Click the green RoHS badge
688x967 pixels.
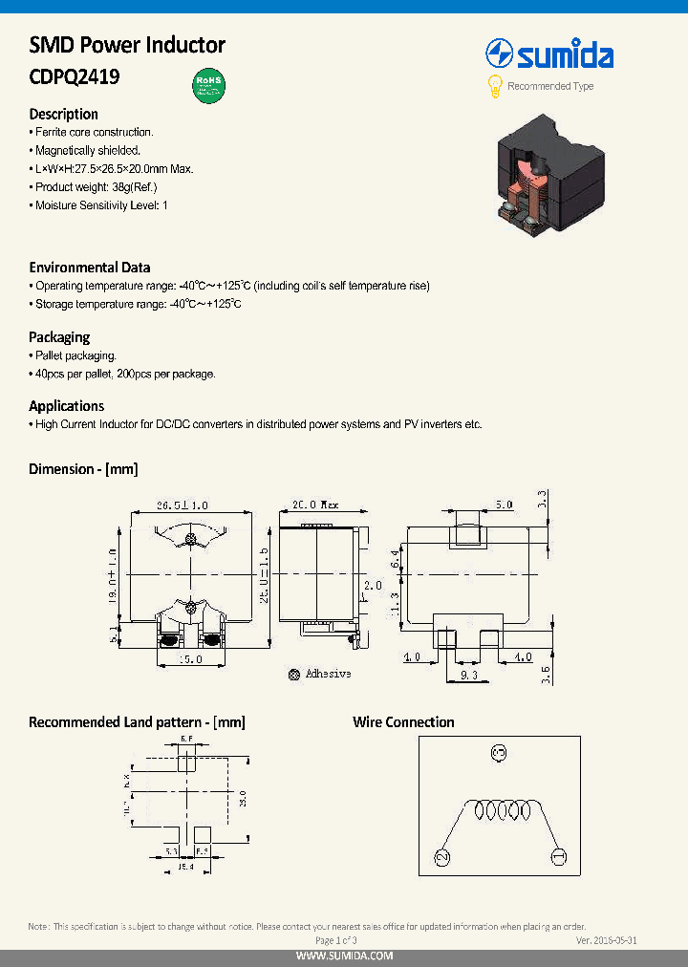pos(208,84)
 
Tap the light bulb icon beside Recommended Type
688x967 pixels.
pos(495,86)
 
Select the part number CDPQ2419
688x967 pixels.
pos(75,77)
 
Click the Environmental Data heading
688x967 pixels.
pos(90,268)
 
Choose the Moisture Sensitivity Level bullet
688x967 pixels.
pos(101,205)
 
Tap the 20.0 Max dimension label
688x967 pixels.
pos(315,505)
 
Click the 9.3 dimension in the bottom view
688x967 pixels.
pos(469,676)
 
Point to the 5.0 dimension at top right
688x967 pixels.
pos(503,505)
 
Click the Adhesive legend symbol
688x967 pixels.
pos(294,674)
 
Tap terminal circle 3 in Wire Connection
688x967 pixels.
pos(497,754)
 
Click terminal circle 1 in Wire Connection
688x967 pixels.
pos(559,856)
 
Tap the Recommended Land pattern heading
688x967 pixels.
pos(137,722)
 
